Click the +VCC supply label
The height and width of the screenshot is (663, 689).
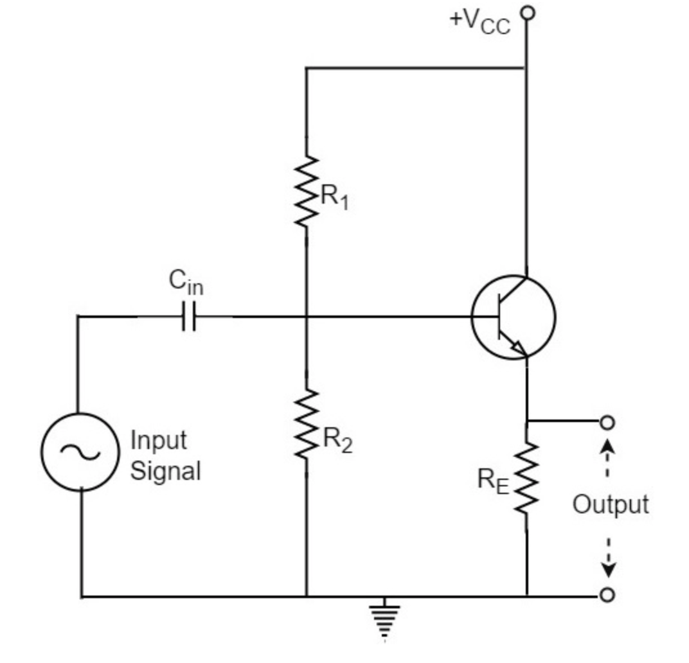480,22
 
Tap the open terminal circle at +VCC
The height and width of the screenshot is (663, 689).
528,12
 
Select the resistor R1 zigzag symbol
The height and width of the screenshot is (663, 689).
307,191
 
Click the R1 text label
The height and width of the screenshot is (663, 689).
334,197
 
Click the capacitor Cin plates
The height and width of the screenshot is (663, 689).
188,317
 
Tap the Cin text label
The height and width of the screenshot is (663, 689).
186,282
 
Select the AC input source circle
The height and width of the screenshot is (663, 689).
80,452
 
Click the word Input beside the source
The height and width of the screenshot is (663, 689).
159,441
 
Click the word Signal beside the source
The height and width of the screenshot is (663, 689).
165,471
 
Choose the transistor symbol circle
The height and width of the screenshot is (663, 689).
513,317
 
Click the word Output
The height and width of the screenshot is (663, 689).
610,504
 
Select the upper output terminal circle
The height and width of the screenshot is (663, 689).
607,422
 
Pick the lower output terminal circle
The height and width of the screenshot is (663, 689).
607,596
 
